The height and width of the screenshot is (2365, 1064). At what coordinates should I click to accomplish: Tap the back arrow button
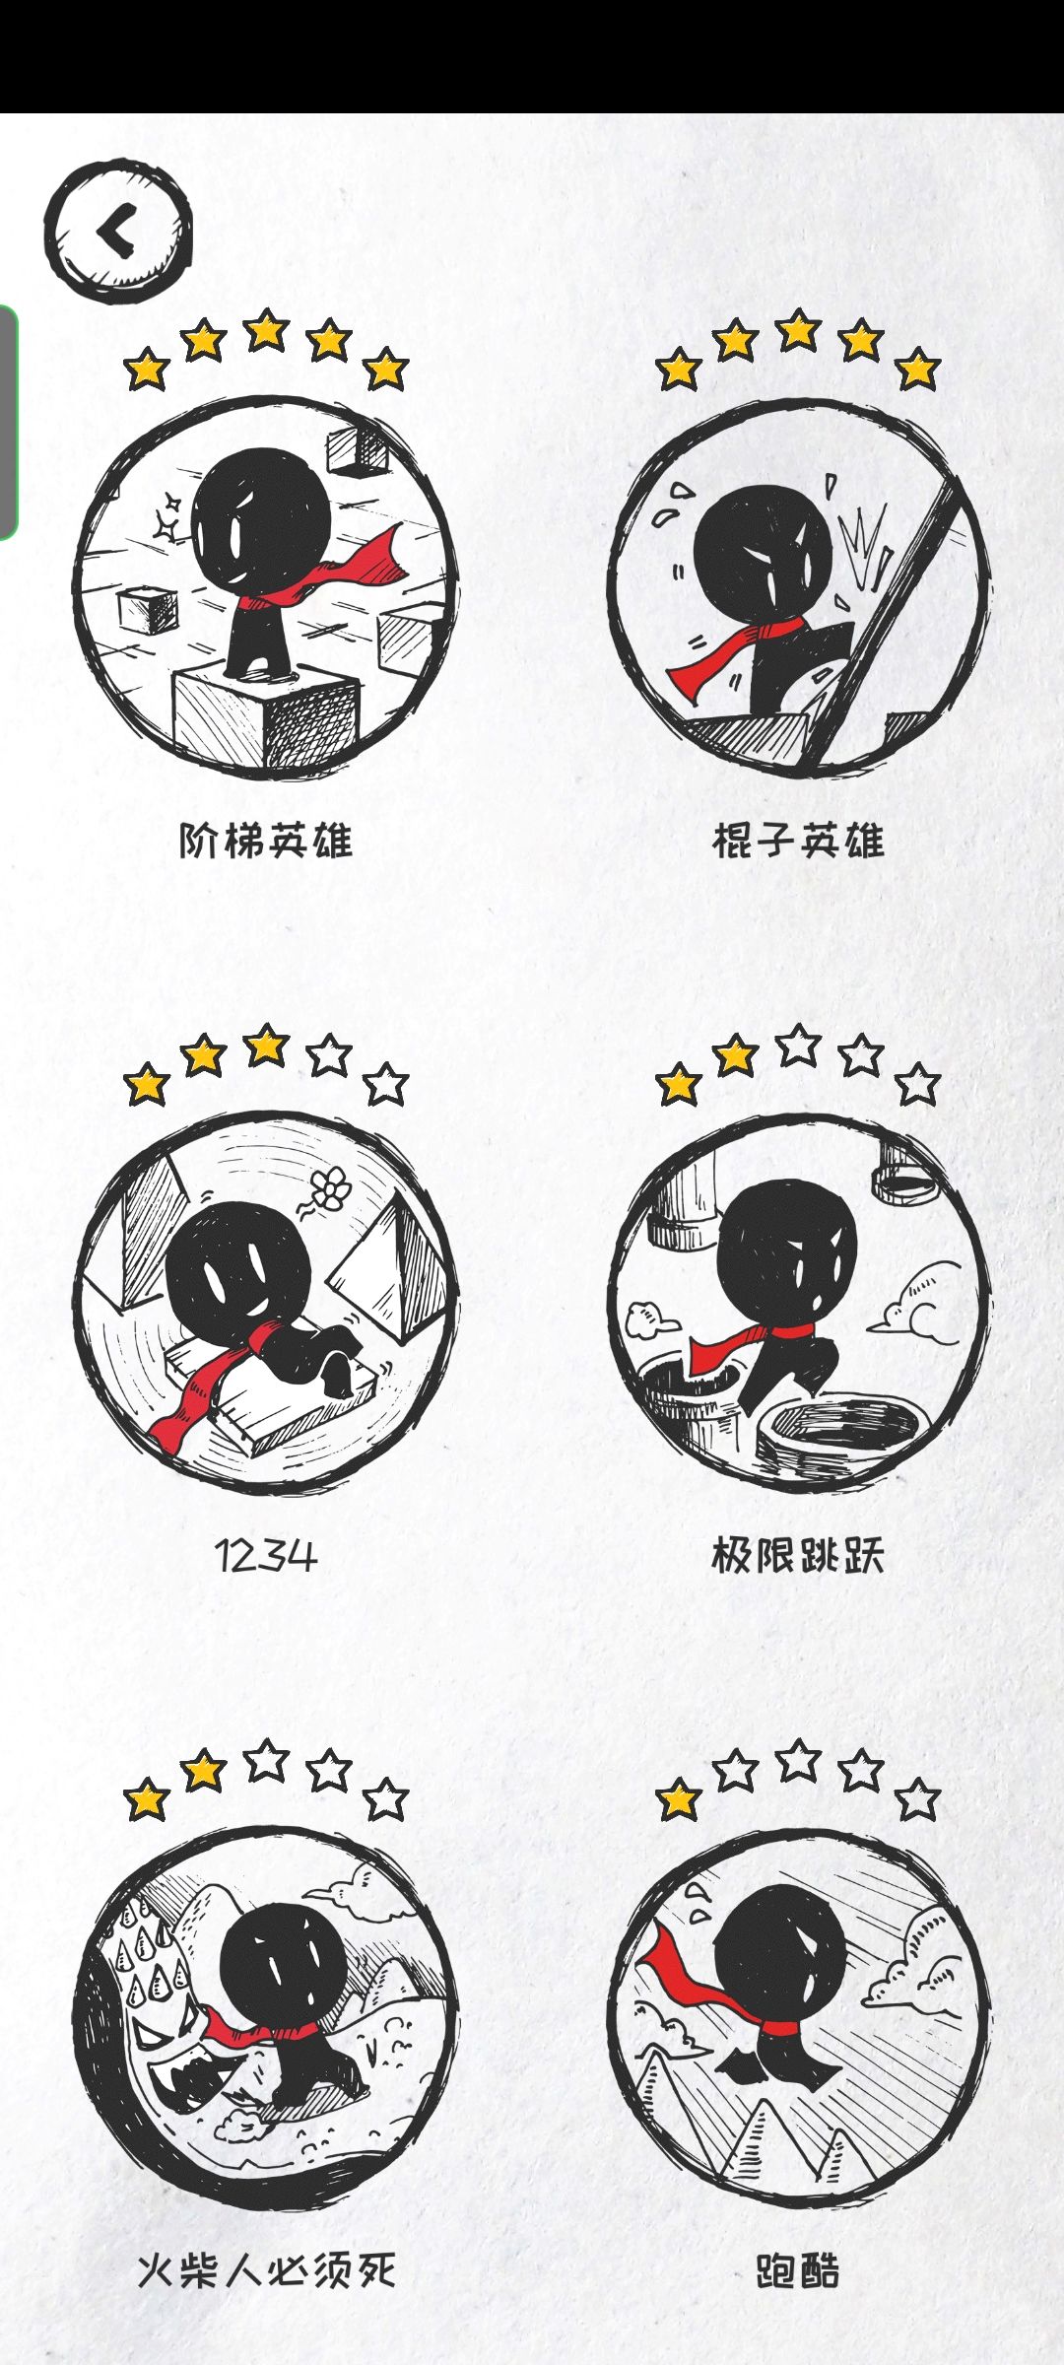117,233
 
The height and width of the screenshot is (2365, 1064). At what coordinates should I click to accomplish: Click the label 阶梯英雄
266,841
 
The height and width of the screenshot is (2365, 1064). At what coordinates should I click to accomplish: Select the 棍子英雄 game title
798,841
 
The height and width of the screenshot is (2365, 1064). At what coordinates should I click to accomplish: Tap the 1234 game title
266,1556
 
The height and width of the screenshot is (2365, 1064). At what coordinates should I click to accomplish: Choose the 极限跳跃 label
798,1556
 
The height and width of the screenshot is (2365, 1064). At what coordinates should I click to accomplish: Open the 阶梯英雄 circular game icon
266,587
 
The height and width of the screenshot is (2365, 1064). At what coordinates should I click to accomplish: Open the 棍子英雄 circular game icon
798,587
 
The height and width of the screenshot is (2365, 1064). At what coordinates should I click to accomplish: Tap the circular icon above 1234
266,1303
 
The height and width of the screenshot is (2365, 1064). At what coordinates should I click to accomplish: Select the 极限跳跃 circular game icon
798,1303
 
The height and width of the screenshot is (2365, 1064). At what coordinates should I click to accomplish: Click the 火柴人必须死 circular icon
266,2018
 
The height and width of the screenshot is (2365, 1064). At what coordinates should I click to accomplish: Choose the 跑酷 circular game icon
798,2018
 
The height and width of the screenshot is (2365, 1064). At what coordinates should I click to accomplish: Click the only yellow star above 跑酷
679,1800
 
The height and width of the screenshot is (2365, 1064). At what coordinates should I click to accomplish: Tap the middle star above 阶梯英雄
266,330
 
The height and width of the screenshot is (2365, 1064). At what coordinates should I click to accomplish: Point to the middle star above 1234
266,1046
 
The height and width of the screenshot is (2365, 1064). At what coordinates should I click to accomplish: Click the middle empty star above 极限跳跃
798,1046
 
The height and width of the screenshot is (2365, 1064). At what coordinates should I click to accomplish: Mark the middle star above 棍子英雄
798,330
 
